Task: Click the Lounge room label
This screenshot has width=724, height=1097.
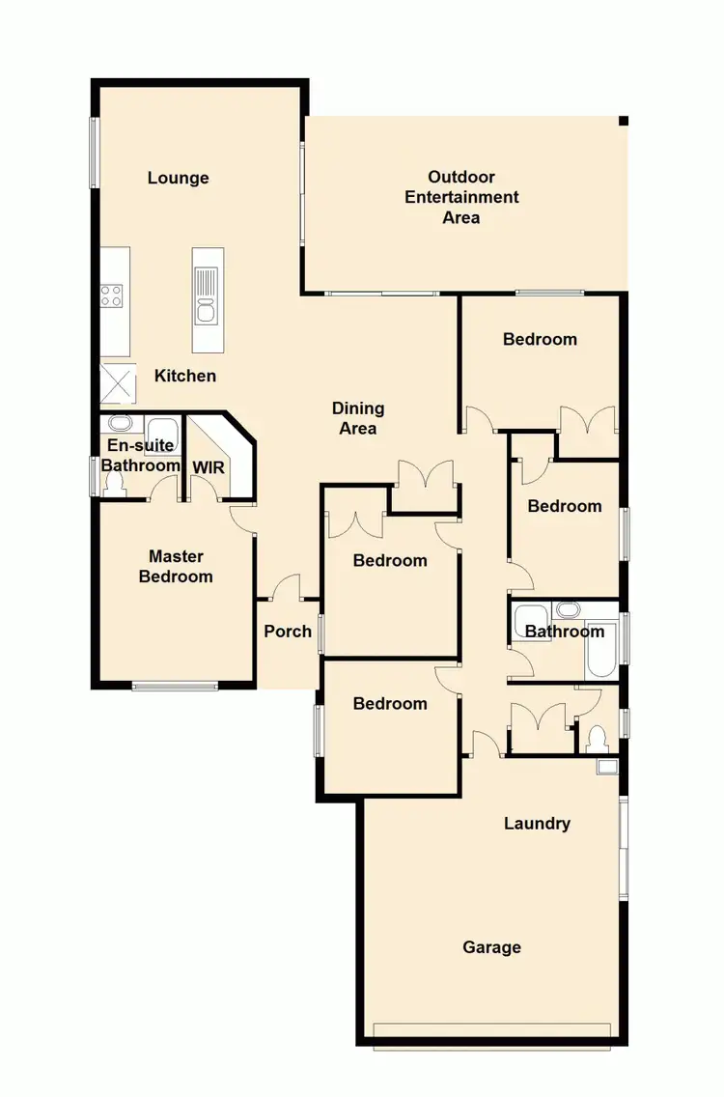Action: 179,178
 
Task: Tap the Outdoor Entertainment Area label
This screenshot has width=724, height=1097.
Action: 461,197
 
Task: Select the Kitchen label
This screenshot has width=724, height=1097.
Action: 185,376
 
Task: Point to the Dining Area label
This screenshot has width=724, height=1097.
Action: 358,419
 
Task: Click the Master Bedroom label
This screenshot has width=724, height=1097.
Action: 176,567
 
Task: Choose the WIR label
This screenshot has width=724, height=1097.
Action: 209,466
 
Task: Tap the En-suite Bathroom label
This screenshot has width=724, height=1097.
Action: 142,456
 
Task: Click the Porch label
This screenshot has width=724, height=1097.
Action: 288,631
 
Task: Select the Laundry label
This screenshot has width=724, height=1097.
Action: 537,824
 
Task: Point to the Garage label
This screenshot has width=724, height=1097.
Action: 491,947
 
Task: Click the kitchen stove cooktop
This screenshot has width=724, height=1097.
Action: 112,295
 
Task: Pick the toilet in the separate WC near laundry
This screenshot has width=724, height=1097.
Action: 595,740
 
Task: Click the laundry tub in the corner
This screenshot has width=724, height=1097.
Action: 608,768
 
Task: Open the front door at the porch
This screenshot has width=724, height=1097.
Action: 286,589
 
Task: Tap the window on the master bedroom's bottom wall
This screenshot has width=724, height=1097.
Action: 175,687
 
